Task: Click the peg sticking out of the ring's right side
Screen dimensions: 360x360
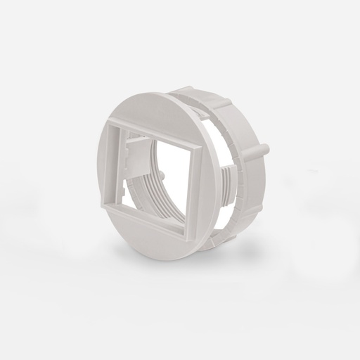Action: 264,150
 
